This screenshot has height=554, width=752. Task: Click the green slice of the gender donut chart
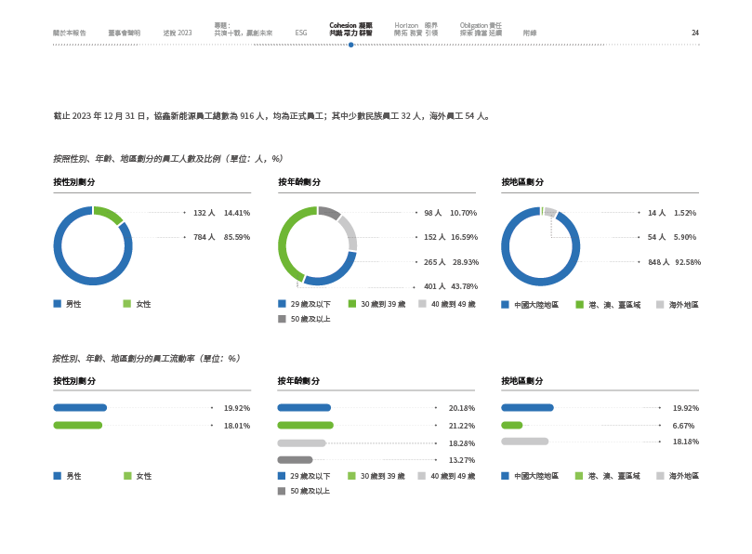111,216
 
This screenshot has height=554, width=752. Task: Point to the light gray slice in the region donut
550,211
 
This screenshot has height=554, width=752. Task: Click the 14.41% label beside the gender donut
236,213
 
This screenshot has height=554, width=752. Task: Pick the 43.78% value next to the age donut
464,286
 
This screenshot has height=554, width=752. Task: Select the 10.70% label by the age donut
464,213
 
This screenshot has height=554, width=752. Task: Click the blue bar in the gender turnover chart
80,407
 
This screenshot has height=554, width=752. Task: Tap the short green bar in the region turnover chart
512,425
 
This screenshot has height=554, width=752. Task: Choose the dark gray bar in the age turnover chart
296,459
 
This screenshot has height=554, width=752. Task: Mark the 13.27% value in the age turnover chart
462,459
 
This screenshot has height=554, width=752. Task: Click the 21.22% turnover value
462,425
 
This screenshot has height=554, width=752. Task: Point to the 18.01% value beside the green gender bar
237,425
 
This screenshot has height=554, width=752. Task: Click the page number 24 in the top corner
695,33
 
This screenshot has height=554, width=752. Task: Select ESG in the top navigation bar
301,33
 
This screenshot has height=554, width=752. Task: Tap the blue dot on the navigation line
351,45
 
